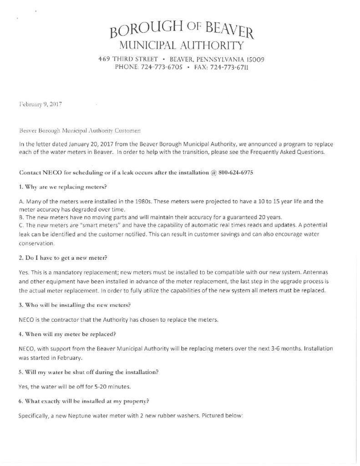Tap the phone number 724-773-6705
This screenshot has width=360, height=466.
161,67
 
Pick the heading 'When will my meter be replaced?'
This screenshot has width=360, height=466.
67,334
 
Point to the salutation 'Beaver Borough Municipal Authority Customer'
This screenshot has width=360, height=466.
80,130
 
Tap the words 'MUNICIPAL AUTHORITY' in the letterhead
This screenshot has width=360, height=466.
179,45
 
